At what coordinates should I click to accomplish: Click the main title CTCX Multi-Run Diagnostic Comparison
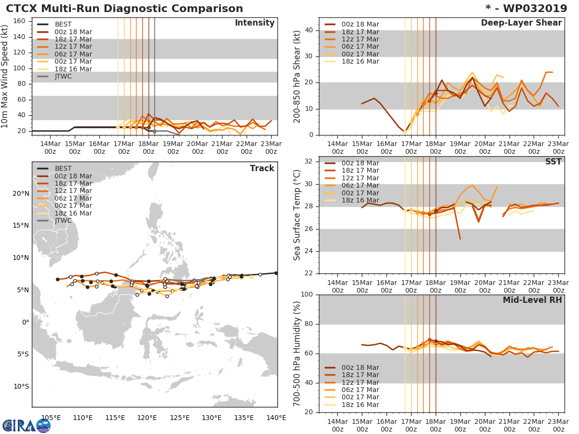124,9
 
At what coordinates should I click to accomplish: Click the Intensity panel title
254,23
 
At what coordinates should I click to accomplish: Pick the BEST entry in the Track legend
63,168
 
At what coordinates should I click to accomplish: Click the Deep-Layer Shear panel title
521,23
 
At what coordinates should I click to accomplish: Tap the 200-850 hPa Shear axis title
298,76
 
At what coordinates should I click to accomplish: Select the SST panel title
553,162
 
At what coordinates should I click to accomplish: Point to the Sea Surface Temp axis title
298,215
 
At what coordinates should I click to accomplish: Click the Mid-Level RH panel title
532,300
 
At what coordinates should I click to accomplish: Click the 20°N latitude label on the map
20,194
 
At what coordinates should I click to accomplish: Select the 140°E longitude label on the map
276,418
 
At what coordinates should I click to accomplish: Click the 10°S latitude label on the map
20,386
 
